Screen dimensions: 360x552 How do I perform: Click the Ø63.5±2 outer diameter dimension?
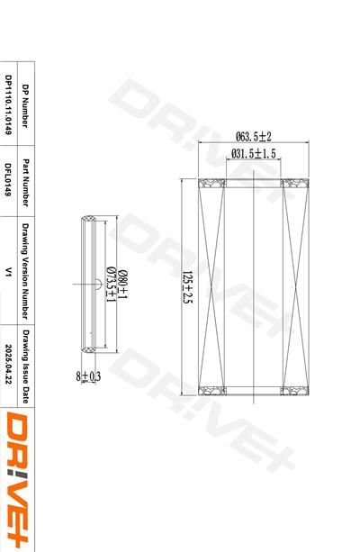[254, 136]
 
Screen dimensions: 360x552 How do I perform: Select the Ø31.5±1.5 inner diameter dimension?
[254, 153]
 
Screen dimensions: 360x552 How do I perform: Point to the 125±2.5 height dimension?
[187, 287]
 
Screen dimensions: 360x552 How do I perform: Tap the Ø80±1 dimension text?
[122, 285]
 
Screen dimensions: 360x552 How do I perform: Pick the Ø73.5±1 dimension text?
[111, 285]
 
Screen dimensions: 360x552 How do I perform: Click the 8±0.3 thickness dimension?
[88, 376]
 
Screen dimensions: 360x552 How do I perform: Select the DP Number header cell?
[25, 105]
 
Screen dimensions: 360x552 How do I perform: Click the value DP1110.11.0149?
[8, 104]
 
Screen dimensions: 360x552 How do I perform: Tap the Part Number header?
[25, 183]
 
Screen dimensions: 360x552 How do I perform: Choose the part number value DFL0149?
[8, 179]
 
